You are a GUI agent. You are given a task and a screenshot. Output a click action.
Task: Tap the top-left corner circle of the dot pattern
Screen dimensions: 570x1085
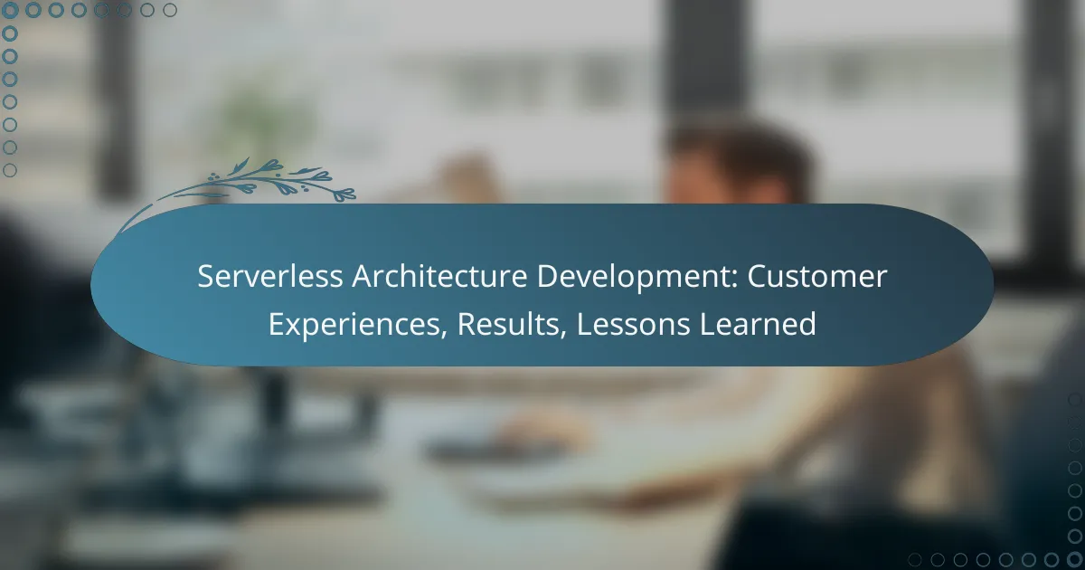(10, 11)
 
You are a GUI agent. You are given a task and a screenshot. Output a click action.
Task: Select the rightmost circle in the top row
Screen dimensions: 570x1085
(170, 11)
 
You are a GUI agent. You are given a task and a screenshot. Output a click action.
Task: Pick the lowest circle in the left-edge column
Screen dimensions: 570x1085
(10, 170)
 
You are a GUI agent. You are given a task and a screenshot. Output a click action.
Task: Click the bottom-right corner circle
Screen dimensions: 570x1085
(1075, 559)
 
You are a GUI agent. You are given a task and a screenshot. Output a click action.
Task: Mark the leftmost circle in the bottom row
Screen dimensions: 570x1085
(915, 559)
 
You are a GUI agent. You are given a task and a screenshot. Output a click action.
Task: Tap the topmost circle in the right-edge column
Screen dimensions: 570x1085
(1075, 399)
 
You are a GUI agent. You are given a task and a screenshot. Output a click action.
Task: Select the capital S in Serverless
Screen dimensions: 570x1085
(205, 278)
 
